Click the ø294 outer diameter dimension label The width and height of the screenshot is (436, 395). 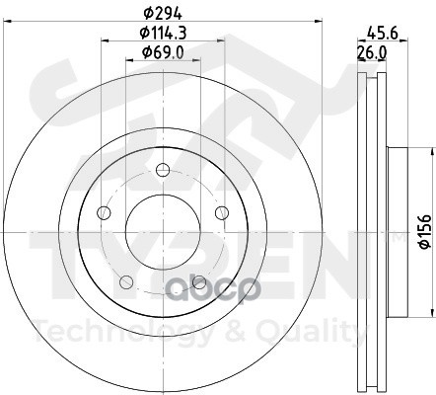click(163, 14)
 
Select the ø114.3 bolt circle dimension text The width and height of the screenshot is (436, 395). click(163, 33)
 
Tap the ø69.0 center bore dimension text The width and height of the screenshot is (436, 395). click(163, 52)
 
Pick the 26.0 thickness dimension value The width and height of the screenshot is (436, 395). click(372, 52)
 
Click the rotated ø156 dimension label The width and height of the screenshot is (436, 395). click(425, 231)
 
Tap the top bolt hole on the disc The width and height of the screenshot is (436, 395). click(163, 170)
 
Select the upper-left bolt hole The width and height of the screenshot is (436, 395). click(104, 212)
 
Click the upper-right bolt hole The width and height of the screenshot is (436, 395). click(222, 212)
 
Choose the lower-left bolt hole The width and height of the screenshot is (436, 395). click(126, 282)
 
